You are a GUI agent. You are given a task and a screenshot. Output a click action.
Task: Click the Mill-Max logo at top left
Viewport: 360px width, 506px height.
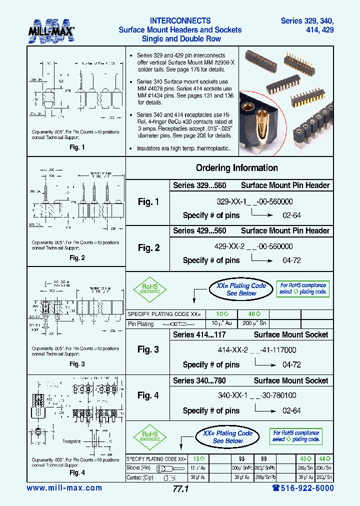[51, 31]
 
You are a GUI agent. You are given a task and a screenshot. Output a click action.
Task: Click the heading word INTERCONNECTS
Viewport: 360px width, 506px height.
[180, 21]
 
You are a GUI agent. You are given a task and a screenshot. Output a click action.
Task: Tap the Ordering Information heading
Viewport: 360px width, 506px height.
[236, 168]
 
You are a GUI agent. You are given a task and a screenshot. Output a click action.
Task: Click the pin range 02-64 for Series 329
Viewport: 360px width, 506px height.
[291, 215]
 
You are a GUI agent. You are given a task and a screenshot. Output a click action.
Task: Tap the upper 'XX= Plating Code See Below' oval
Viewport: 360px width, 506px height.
[241, 289]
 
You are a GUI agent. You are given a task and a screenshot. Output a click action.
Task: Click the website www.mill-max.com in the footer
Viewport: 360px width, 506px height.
[64, 488]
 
